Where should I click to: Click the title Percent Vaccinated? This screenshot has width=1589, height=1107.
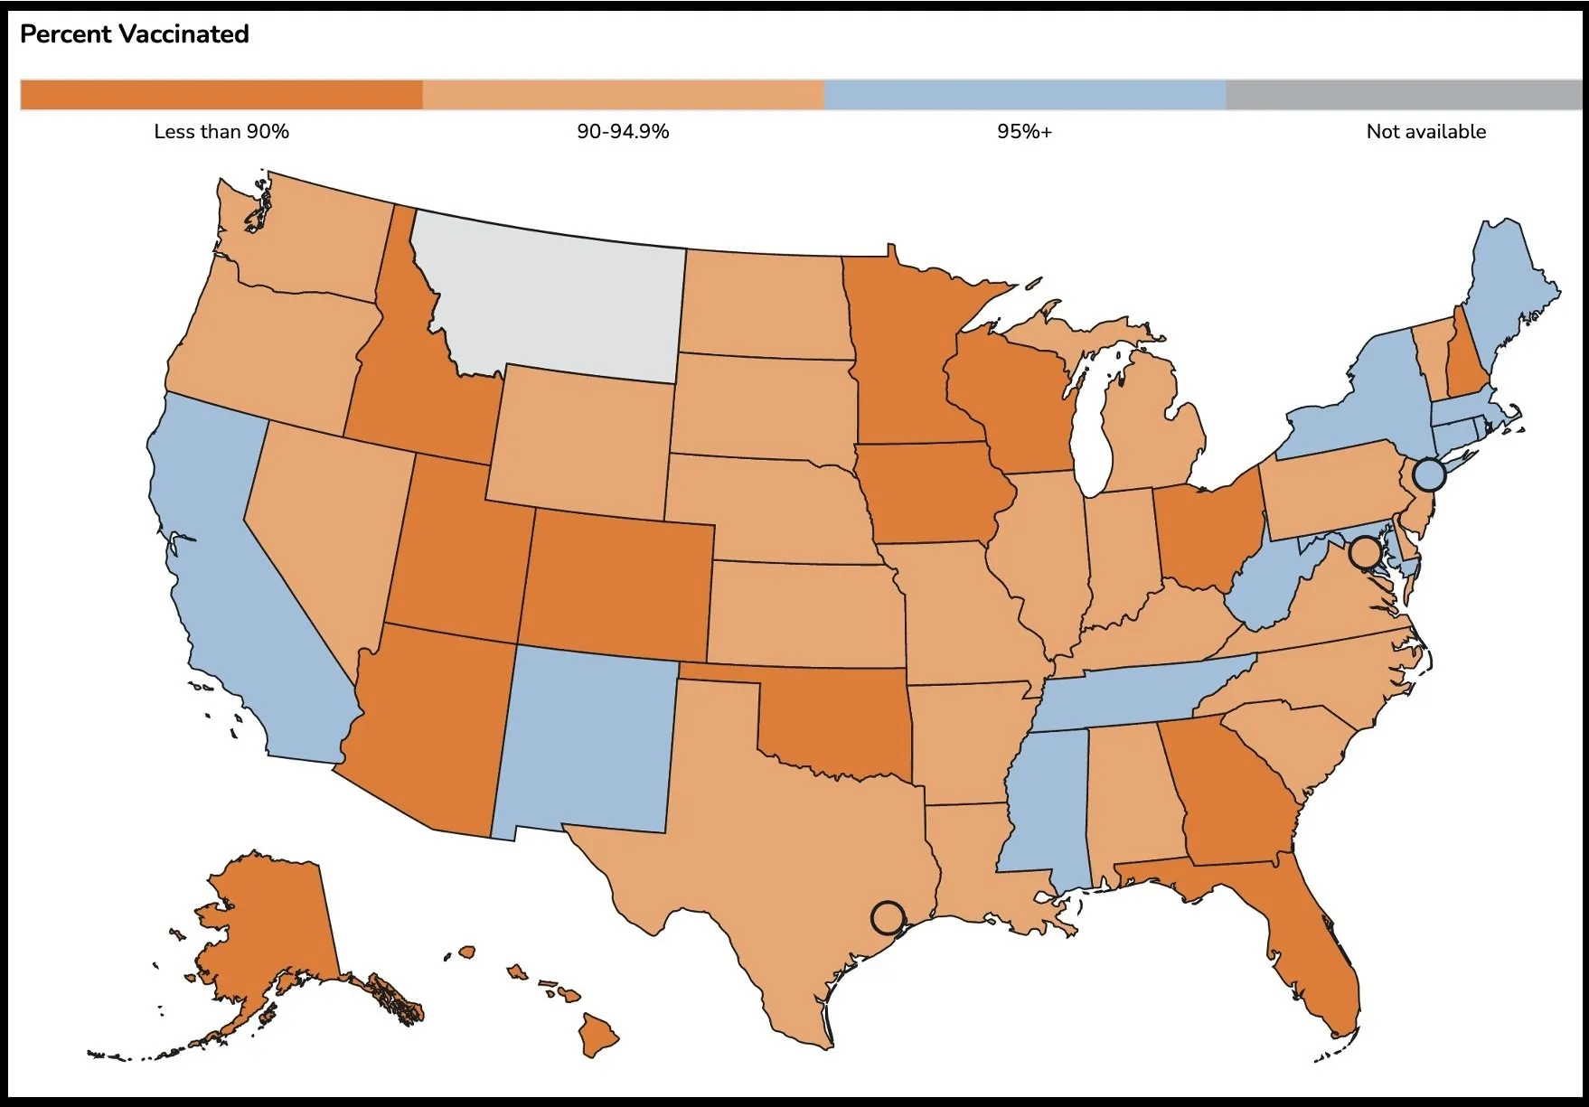click(134, 34)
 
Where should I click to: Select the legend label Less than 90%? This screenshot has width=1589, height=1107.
click(221, 132)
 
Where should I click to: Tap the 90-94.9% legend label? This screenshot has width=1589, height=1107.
click(623, 132)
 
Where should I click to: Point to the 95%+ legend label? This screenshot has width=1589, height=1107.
click(1024, 132)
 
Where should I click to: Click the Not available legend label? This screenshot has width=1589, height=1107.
click(1425, 132)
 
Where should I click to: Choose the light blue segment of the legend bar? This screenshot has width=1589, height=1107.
click(1024, 95)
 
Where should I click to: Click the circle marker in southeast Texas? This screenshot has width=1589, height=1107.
click(888, 917)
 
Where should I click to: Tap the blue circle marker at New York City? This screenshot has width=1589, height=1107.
click(1429, 474)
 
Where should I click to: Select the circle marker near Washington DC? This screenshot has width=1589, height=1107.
click(1365, 550)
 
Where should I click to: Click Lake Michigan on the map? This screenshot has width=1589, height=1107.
click(1095, 425)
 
